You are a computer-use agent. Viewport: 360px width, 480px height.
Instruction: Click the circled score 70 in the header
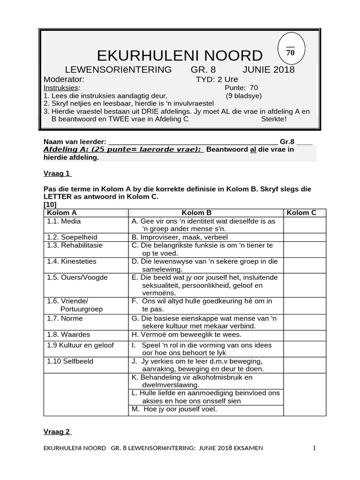(291, 52)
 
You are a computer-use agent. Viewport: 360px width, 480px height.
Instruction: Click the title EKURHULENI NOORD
(180, 55)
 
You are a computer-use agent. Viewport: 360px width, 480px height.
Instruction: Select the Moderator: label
(64, 79)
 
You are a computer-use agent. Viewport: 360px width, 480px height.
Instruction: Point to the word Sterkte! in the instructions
(274, 119)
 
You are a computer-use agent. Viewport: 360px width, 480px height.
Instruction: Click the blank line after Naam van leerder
(192, 142)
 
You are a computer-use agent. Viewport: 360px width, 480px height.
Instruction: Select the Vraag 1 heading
(57, 173)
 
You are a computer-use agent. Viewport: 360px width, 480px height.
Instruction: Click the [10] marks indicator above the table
(50, 205)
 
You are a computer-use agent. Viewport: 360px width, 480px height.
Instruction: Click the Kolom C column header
(301, 213)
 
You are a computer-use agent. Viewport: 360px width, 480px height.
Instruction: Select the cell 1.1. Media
(64, 221)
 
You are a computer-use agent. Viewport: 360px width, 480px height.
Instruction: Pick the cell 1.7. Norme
(65, 318)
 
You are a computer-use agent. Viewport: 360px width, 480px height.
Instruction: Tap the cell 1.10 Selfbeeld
(70, 361)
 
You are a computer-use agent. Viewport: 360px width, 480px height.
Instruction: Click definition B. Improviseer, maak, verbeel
(180, 237)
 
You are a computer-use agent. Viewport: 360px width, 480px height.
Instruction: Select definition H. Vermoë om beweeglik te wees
(187, 335)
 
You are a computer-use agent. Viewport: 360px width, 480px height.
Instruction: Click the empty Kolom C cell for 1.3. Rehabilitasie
(305, 249)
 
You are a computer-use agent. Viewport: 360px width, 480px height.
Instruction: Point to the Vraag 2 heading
(57, 432)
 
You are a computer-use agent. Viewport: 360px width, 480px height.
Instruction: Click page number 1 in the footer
(315, 448)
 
